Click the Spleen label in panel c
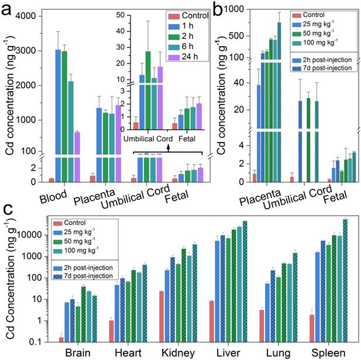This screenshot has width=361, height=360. point(324,353)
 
